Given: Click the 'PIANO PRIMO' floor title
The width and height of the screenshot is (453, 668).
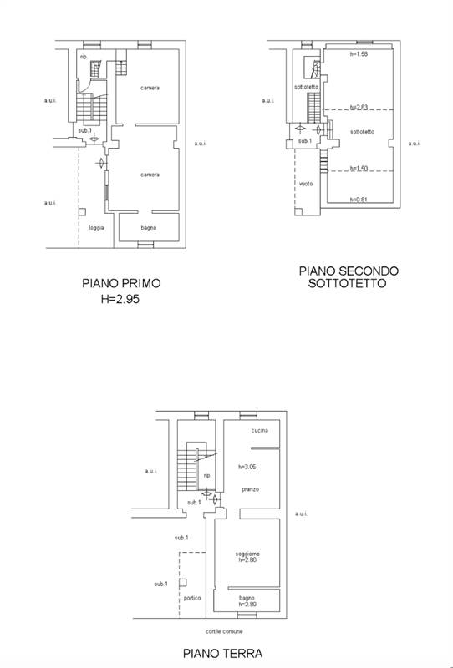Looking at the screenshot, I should (121, 283).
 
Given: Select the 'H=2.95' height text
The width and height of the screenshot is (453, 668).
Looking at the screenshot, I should (121, 296).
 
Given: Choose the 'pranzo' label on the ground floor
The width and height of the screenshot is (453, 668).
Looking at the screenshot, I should (249, 488).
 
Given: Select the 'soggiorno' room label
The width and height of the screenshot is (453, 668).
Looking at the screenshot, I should (247, 554).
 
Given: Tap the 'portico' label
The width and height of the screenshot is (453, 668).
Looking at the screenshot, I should (192, 598).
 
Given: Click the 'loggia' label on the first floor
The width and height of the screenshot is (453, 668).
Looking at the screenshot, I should (96, 227).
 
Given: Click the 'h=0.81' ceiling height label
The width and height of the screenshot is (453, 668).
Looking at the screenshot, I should (359, 200).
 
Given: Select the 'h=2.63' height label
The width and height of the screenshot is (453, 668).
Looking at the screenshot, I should (359, 107).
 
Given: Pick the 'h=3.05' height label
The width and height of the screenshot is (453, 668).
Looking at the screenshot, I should (248, 466).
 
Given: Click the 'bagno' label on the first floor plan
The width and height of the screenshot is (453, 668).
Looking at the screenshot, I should (148, 227).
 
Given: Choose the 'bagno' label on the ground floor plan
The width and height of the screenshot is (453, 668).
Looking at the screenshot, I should (246, 598).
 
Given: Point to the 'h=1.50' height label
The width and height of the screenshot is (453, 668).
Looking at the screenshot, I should (359, 168).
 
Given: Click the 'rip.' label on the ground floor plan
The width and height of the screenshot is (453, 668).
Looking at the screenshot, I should (206, 475).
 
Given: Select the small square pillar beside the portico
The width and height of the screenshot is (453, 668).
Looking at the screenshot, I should (183, 583).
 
